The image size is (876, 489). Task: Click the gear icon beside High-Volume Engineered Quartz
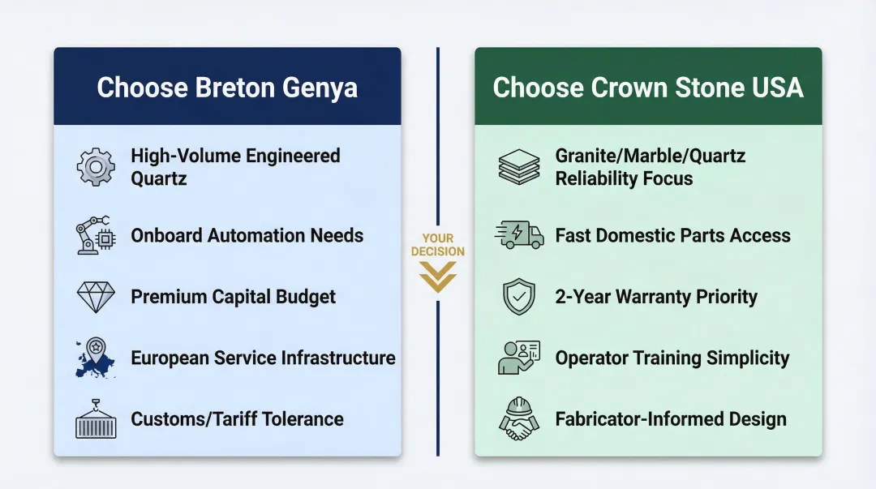pos(96,167)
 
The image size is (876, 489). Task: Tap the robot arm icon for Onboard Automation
pos(96,236)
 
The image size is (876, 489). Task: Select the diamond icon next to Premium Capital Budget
pos(96,297)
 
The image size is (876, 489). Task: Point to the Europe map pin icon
pos(96,358)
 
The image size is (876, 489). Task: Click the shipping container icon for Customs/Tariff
pos(96,419)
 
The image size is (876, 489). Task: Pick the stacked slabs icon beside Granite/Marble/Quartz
pos(519,167)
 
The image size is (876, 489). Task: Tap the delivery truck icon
pos(519,236)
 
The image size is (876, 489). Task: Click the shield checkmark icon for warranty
pos(519,297)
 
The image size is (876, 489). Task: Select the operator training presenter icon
pos(519,358)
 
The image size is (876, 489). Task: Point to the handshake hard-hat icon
pos(519,418)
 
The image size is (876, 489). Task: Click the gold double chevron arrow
pos(438,281)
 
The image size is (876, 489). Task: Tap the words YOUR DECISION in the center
pos(438,245)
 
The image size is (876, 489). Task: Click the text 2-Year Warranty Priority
pos(655,297)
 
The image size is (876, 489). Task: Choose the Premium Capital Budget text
pos(233,297)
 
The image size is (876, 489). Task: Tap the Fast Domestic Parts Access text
pos(672,236)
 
